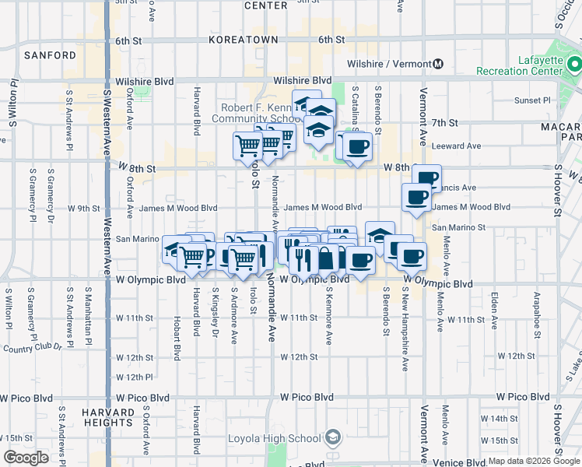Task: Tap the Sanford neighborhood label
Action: pyautogui.click(x=50, y=55)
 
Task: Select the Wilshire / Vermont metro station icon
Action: pyautogui.click(x=438, y=64)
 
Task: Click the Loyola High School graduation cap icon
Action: pyautogui.click(x=334, y=437)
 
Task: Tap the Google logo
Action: pyautogui.click(x=26, y=458)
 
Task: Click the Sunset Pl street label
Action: pyautogui.click(x=532, y=100)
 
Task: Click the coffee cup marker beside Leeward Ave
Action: pyautogui.click(x=357, y=146)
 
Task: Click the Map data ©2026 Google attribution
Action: pyautogui.click(x=534, y=461)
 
